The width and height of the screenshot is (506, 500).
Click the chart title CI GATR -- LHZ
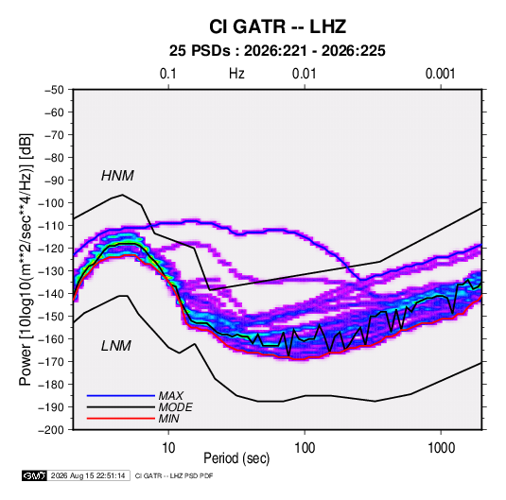(277, 26)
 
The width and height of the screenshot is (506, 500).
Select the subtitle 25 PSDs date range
(277, 51)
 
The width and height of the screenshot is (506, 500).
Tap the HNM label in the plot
(117, 176)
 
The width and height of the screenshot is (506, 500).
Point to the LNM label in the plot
(116, 346)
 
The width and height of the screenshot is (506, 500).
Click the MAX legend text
(170, 396)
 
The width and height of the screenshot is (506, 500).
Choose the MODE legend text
(175, 407)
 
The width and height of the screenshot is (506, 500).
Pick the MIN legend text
(168, 419)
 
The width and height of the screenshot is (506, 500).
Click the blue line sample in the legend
(121, 396)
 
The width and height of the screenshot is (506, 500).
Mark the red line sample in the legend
(121, 419)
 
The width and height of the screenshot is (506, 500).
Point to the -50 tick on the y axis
(54, 90)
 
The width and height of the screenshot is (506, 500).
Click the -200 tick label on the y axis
(51, 430)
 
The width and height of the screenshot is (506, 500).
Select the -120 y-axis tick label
(51, 249)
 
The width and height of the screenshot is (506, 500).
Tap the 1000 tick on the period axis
(441, 448)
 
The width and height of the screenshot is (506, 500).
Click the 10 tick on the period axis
(168, 448)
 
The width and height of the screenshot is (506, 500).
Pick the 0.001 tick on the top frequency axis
(440, 74)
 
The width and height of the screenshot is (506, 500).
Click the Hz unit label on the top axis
(236, 74)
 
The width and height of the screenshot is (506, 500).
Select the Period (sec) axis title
(236, 458)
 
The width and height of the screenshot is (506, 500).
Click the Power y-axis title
(26, 259)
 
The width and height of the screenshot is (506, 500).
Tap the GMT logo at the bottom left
(34, 475)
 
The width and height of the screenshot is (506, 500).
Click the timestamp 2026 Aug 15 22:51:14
(88, 475)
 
